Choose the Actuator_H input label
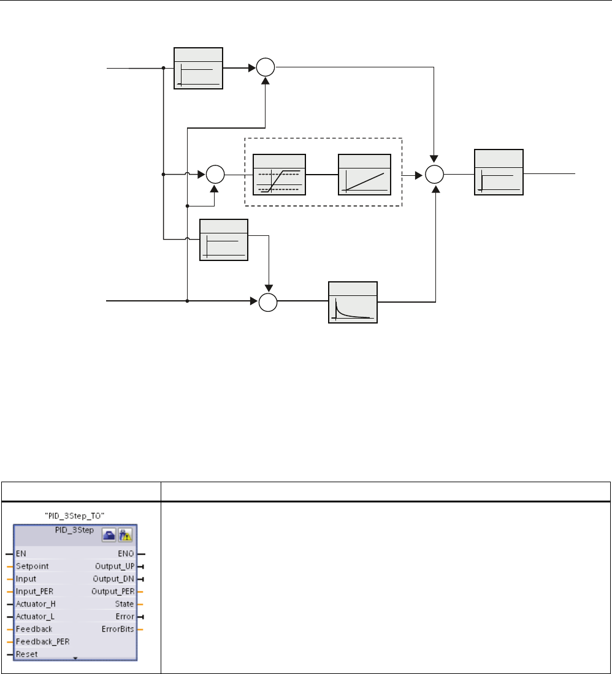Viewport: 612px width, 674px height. [x=36, y=604]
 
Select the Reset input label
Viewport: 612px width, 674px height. [x=26, y=654]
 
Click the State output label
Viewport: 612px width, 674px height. [x=124, y=604]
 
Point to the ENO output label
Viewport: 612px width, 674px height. [x=126, y=554]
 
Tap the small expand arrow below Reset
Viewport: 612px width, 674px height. [x=74, y=657]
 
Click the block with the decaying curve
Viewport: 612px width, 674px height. [x=353, y=302]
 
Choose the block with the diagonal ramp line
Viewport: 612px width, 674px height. [x=364, y=175]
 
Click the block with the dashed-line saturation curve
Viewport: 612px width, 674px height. [x=279, y=175]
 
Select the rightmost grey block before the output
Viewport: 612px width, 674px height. [x=499, y=172]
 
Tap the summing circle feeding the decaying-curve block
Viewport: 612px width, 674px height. [x=268, y=302]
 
